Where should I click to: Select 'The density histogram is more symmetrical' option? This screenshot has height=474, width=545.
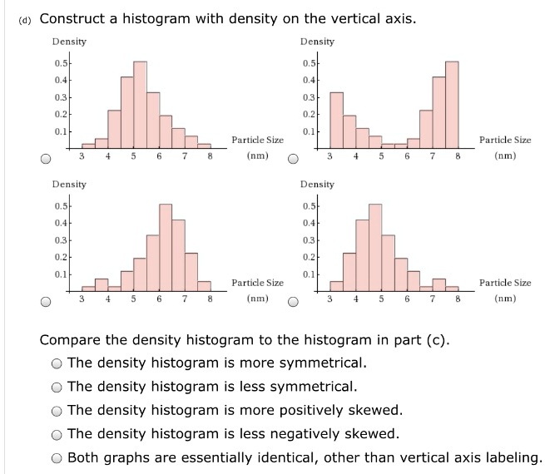coord(56,363)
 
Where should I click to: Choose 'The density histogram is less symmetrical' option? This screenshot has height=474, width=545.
coord(56,387)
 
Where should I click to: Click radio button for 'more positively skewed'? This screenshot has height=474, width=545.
coord(56,410)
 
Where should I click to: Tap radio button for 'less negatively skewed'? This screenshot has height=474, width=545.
coord(56,433)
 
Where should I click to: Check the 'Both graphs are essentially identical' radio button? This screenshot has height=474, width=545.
coord(56,457)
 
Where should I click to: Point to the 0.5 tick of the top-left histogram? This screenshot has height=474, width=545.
coord(60,62)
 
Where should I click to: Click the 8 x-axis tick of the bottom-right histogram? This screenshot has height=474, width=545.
coord(457,297)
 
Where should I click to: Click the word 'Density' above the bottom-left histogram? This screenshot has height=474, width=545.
coord(68,184)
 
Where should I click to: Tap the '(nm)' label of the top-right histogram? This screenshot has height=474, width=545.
coord(504,156)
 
